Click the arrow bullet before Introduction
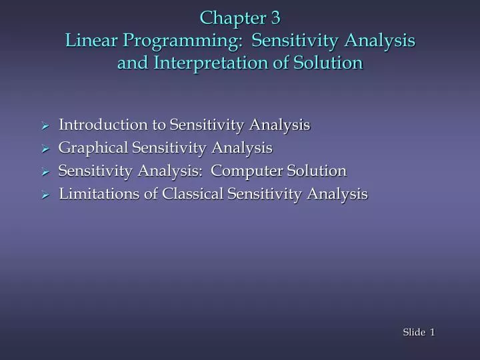pyautogui.click(x=45, y=126)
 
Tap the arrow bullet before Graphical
pyautogui.click(x=45, y=149)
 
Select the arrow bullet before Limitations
pyautogui.click(x=45, y=195)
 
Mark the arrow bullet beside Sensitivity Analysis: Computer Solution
pyautogui.click(x=45, y=172)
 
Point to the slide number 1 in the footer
pyautogui.click(x=433, y=333)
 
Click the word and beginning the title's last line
pyautogui.click(x=133, y=63)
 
